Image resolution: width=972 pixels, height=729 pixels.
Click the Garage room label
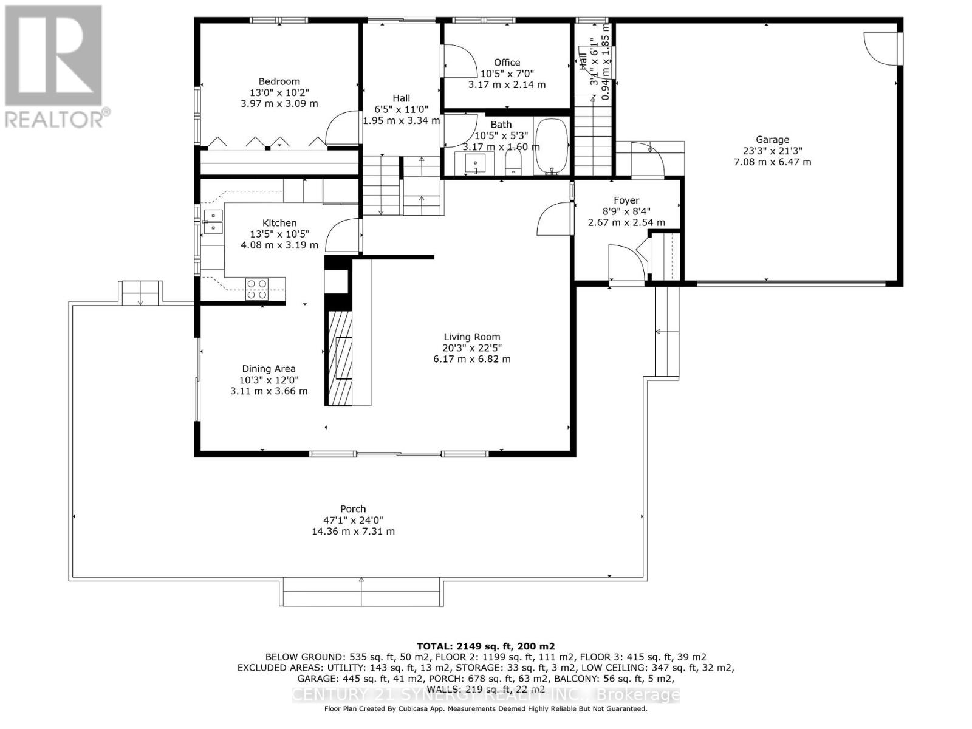pyautogui.click(x=772, y=140)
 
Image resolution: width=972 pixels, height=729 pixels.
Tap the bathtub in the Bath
pyautogui.click(x=552, y=147)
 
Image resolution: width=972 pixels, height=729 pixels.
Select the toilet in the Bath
pyautogui.click(x=514, y=162)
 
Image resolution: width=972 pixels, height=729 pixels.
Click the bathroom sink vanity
pyautogui.click(x=474, y=163)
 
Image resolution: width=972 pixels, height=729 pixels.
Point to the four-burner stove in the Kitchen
pyautogui.click(x=256, y=289)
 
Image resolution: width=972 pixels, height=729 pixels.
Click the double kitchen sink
pyautogui.click(x=213, y=222)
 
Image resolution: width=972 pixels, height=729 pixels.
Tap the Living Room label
pyautogui.click(x=472, y=337)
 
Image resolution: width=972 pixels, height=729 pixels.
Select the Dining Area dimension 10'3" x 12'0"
pyautogui.click(x=269, y=380)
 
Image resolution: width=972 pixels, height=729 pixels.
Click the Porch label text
pyautogui.click(x=353, y=509)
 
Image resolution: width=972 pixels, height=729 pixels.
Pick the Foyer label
pyautogui.click(x=626, y=200)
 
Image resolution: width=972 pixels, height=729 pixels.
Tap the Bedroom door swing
pyautogui.click(x=341, y=129)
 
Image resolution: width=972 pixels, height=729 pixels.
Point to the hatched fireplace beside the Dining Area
pyautogui.click(x=340, y=358)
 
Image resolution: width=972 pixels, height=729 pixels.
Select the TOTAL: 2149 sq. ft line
pyautogui.click(x=485, y=646)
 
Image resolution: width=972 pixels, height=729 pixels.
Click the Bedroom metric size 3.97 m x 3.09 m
pyautogui.click(x=279, y=103)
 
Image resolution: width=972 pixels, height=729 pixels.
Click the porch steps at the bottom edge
pyautogui.click(x=361, y=592)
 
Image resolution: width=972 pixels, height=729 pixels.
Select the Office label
pyautogui.click(x=507, y=63)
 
